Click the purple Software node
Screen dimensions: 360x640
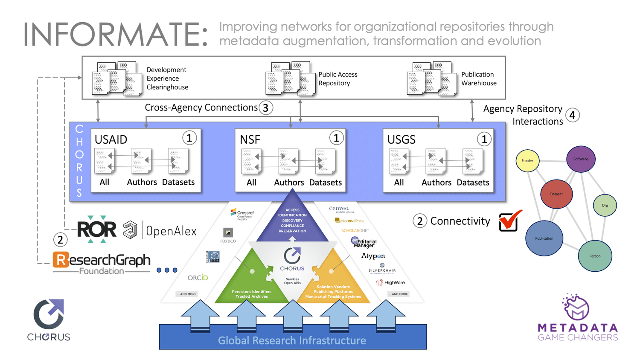tap(581, 159)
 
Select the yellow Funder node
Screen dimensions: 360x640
tap(527, 161)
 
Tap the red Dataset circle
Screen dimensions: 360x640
tap(556, 194)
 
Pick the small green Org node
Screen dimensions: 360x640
tap(605, 205)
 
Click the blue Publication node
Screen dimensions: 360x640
tap(544, 238)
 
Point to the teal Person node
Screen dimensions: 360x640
tap(595, 256)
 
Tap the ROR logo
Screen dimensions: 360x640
tap(97, 229)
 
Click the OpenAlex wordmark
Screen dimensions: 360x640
tap(171, 231)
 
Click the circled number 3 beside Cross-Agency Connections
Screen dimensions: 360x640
tap(265, 108)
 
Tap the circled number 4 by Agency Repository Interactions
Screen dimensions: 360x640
tap(572, 115)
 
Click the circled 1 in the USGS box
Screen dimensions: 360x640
tap(484, 139)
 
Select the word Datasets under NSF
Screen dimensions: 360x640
tap(325, 183)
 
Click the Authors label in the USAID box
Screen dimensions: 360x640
tap(142, 182)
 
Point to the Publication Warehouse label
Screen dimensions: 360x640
tap(479, 79)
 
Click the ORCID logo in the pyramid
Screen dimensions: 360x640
tap(198, 278)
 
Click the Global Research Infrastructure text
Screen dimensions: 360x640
tap(292, 340)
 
